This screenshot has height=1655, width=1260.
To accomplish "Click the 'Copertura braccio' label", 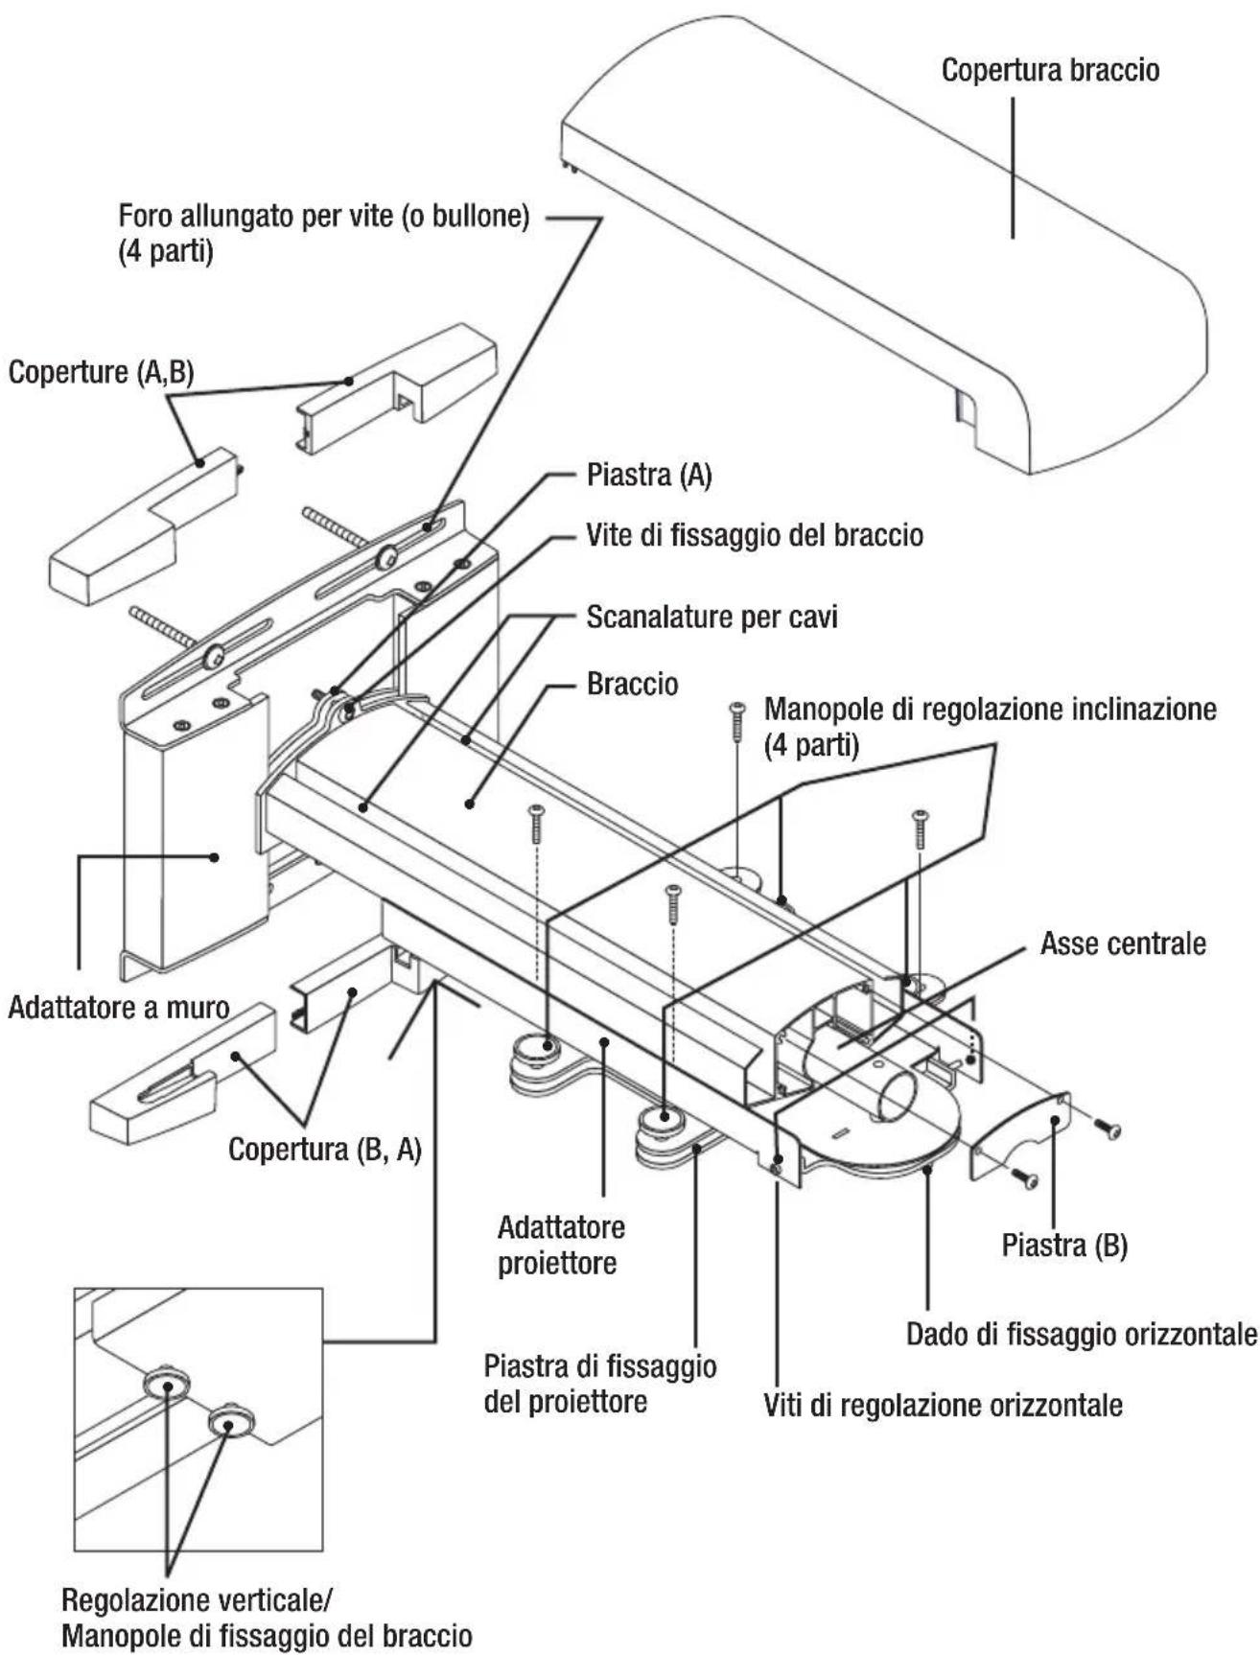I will pos(1050,71).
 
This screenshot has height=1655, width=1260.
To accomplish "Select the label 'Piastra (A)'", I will pos(649,476).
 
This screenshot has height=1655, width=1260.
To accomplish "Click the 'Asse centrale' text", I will pos(1123,944).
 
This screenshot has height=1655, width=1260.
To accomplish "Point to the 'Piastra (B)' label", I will pos(1064,1246).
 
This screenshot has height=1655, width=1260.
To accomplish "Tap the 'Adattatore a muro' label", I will pos(119,1008).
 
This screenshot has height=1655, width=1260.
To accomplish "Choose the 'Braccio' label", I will pos(632,685).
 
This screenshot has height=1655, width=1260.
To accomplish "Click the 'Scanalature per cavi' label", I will pos(712,617).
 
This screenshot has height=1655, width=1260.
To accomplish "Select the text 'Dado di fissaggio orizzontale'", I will pos(1082,1334).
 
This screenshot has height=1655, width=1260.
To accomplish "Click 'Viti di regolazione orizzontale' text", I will pos(943,1406).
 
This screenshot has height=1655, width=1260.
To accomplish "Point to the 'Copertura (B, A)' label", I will pos(325,1150).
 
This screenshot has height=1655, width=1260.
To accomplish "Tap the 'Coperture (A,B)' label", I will pos(101,372).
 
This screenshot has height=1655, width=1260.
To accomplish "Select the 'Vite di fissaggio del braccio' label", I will pos(755,535).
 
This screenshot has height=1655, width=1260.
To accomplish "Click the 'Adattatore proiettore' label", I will pos(560,1245).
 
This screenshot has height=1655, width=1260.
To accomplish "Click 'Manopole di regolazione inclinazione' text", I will pos(990,710).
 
